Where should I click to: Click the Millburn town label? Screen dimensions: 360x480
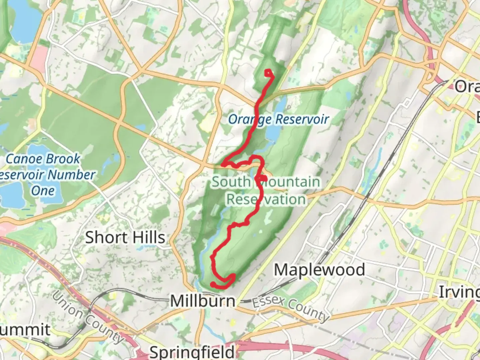[x=203, y=301]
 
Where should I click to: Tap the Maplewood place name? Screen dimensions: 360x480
[x=319, y=270]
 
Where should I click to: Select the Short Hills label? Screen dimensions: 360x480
[x=125, y=238]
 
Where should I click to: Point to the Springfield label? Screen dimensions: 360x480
[x=192, y=352]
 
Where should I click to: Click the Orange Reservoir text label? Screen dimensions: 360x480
[x=279, y=119]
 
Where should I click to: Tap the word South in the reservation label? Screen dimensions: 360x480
[x=231, y=182]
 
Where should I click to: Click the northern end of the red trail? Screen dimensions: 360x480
[x=267, y=71]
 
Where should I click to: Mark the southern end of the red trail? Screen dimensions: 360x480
[x=212, y=284]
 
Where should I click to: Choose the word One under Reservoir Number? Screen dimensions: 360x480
[x=43, y=191]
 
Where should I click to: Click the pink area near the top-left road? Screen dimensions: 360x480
[x=39, y=59]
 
